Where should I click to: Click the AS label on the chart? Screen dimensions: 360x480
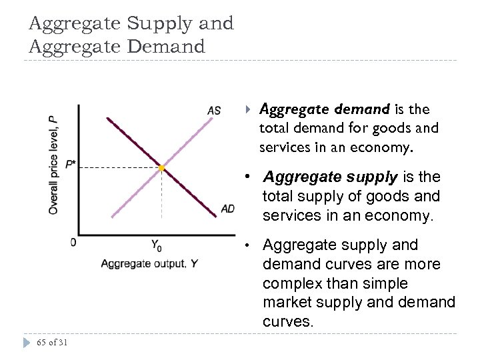tap(214, 110)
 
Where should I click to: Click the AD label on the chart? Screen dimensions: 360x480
tap(227, 209)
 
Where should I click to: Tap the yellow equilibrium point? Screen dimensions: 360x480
tap(161, 168)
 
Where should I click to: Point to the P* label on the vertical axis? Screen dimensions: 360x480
tap(71, 164)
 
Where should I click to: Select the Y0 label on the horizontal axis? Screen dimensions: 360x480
tap(157, 245)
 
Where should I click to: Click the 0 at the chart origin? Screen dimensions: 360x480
tap(73, 241)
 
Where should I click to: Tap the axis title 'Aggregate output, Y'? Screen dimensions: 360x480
tap(149, 263)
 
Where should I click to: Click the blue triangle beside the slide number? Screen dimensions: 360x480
tap(27, 343)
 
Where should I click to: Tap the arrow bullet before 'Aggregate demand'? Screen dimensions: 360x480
tap(247, 108)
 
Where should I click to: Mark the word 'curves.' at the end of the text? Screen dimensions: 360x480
tap(288, 321)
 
